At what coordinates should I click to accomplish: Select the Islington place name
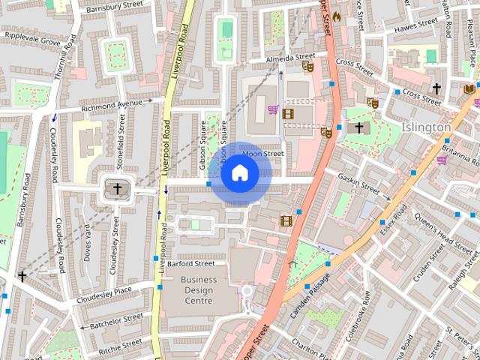coord(426,127)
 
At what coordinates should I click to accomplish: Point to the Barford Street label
coord(190,264)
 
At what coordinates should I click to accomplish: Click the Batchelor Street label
coord(116,322)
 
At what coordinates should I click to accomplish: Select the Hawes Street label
coord(410,26)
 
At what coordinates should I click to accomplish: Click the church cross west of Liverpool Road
coord(115,187)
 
